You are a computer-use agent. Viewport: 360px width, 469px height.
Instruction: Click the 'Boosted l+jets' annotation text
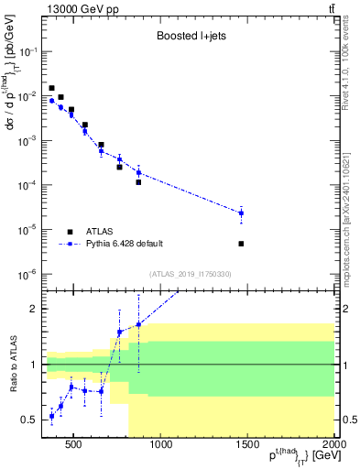[x=190, y=38]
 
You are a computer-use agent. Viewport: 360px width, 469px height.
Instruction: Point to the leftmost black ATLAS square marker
[x=51, y=88]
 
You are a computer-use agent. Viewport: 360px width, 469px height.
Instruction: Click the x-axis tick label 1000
[x=161, y=446]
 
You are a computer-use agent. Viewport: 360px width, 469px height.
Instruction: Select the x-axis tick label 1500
[x=247, y=446]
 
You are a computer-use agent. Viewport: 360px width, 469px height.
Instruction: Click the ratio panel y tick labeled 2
[x=37, y=309]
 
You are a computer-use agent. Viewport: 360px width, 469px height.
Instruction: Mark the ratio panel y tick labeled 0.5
[x=33, y=420]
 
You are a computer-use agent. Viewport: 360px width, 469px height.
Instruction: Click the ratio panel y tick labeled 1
[x=37, y=365]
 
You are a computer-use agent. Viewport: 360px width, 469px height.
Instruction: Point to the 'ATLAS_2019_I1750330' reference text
[x=190, y=274]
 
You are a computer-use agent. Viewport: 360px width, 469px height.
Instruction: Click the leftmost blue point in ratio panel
[x=51, y=416]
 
